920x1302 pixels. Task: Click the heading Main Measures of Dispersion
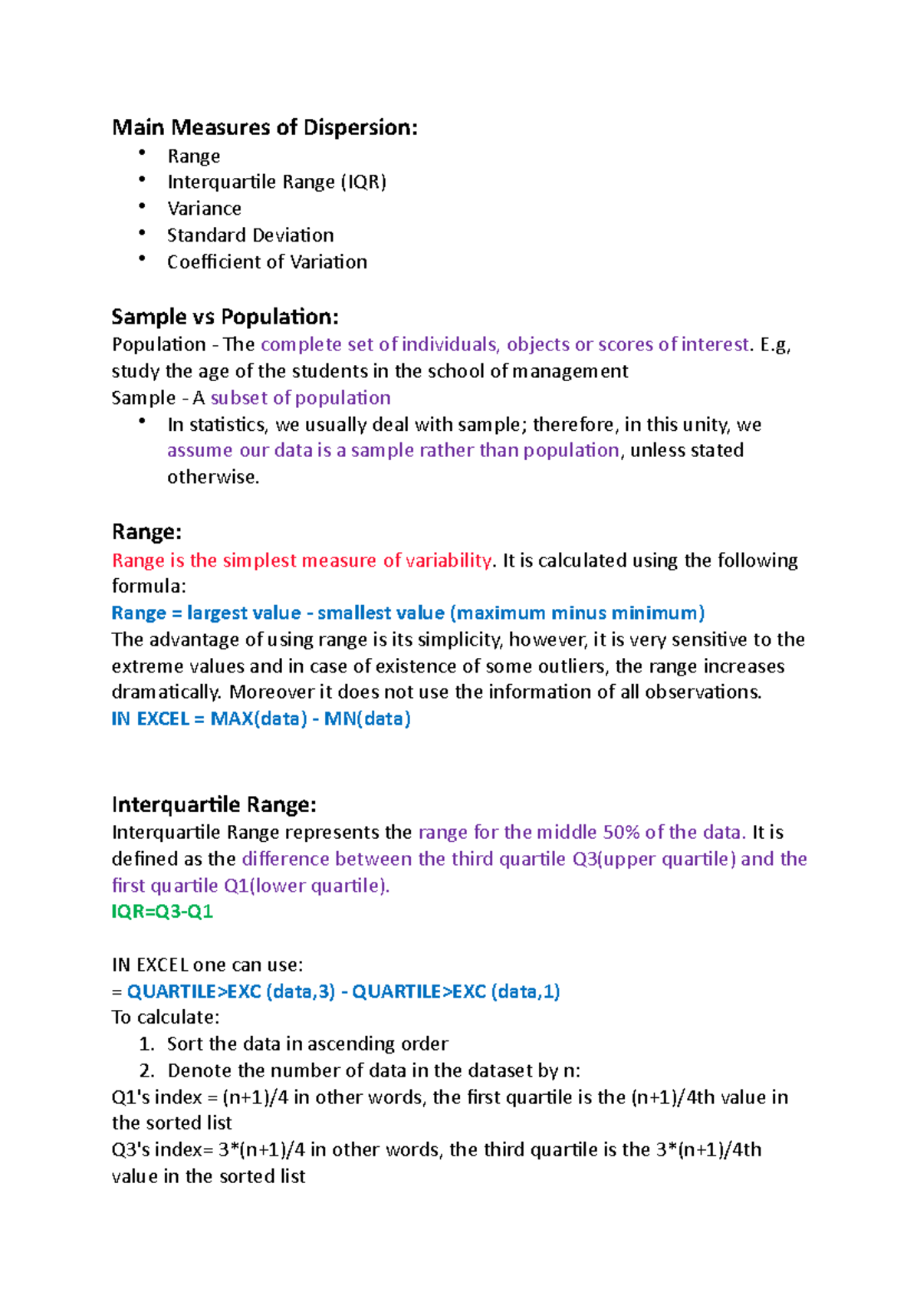pos(264,127)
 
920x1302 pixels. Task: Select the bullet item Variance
pos(204,209)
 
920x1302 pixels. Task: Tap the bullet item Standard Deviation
pos(250,235)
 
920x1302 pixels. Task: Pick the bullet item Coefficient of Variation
pos(267,262)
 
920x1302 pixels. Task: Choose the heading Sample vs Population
pos(225,317)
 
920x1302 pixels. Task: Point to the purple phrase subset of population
pos(301,398)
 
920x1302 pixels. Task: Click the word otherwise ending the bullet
pos(212,477)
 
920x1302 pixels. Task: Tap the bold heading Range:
pos(146,532)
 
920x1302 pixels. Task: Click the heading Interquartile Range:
pos(214,805)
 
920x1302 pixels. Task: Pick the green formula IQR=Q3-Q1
pos(163,912)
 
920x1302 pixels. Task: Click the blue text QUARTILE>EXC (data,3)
pos(231,991)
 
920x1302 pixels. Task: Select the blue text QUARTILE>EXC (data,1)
pos(455,991)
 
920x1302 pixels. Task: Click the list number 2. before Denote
pos(147,1070)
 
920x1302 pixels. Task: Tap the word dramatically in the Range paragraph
pos(166,692)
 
